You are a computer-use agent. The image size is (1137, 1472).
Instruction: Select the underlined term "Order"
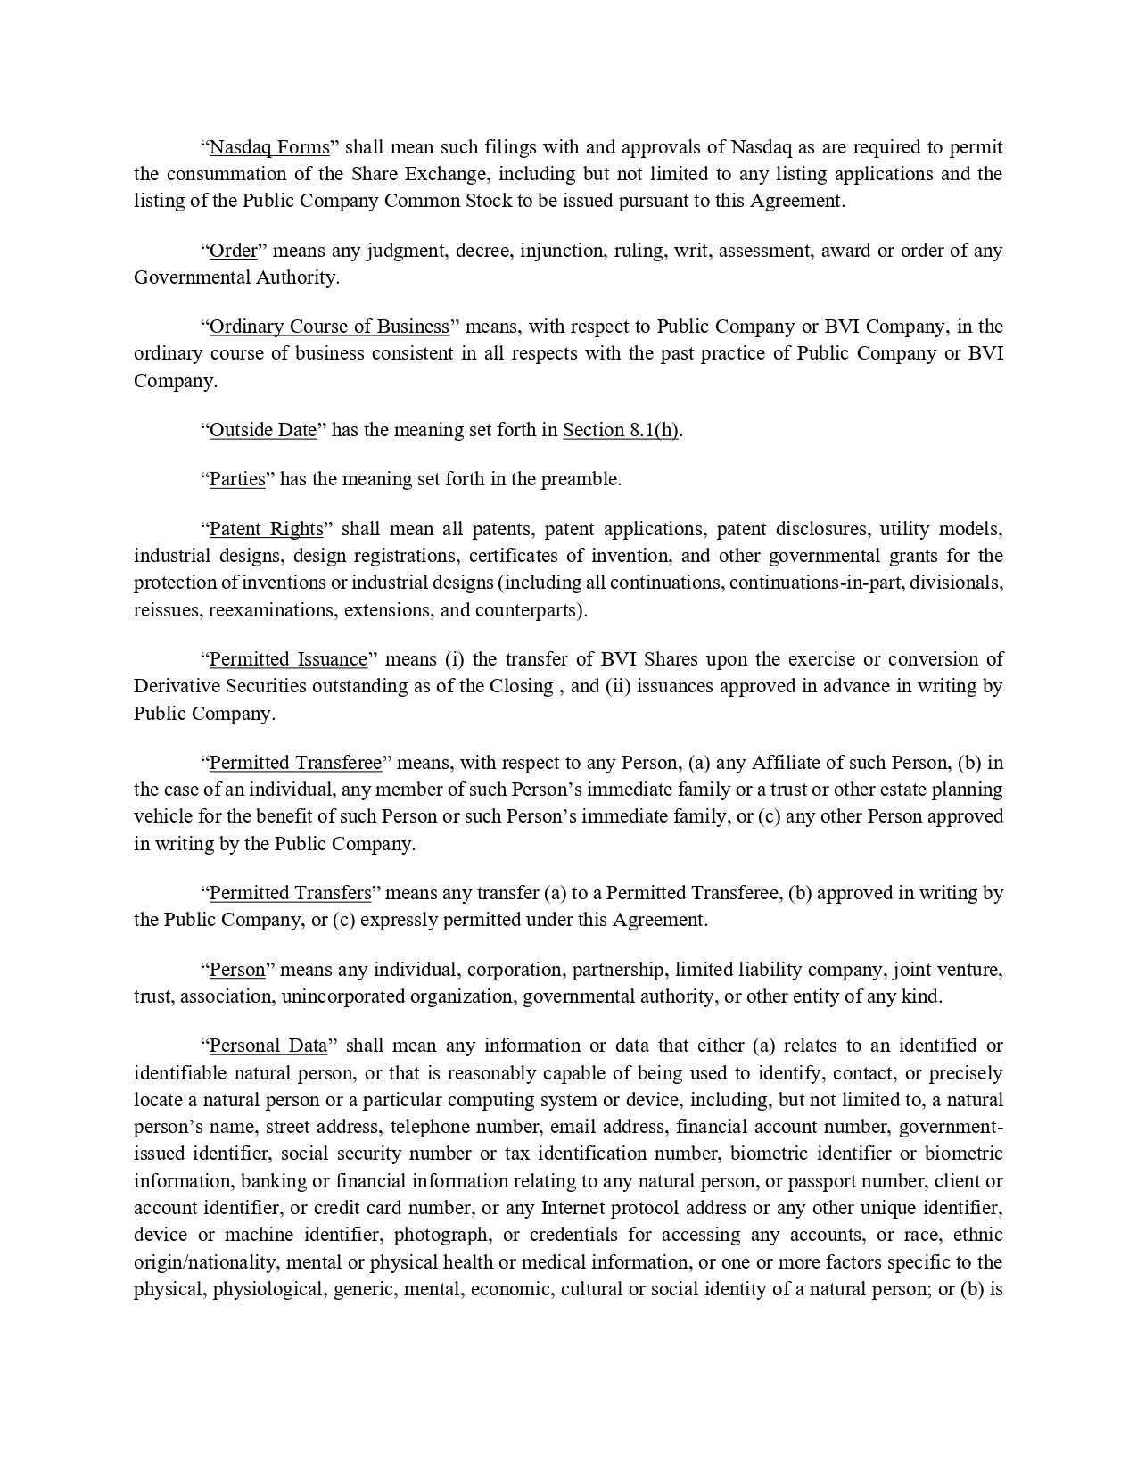coord(233,251)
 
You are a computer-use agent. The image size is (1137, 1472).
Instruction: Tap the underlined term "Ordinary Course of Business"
coord(329,327)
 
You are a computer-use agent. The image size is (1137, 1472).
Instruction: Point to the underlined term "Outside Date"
coord(263,430)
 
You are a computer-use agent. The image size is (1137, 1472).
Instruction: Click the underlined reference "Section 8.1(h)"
coord(621,430)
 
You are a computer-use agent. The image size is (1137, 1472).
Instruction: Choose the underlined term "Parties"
coord(237,479)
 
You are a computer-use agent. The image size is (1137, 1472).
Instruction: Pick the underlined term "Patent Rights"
coord(266,529)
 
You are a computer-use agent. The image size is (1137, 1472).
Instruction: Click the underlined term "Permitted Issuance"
coord(288,659)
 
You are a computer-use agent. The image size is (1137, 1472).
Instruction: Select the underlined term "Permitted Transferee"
coord(295,763)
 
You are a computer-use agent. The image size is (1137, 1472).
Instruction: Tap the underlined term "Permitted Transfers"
coord(290,893)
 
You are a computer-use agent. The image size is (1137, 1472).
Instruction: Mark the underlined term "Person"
coord(237,970)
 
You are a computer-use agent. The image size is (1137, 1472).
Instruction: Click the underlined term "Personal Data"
coord(268,1046)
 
